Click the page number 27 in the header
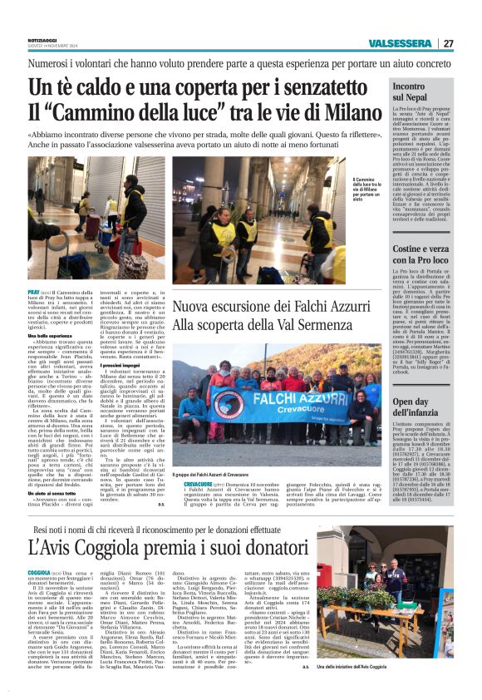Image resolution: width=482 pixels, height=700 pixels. (x=448, y=43)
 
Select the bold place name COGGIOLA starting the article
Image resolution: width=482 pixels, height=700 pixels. (x=40, y=573)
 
